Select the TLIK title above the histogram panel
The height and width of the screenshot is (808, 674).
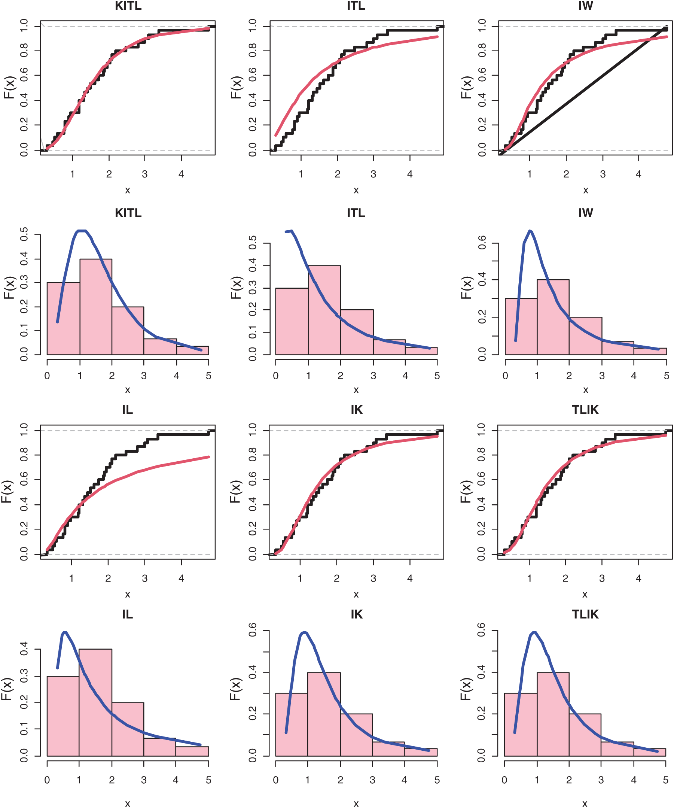point(585,614)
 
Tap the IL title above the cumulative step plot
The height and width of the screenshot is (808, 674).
point(127,410)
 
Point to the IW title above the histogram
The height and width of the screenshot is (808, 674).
point(585,213)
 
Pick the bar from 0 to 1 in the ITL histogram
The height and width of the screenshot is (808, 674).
point(292,321)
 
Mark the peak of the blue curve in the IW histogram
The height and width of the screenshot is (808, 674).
point(530,231)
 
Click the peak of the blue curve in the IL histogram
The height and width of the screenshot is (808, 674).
point(65,632)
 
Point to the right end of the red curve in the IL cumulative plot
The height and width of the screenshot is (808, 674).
point(209,457)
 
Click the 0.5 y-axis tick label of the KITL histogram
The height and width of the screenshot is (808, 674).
point(24,234)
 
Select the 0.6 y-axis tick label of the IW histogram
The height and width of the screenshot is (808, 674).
point(482,243)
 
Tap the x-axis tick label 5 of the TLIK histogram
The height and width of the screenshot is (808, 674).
point(665,780)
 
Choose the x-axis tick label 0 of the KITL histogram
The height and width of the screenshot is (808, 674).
point(47,376)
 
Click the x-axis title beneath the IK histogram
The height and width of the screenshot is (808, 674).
point(356,804)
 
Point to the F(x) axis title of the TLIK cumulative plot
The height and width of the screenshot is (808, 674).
point(465,492)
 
